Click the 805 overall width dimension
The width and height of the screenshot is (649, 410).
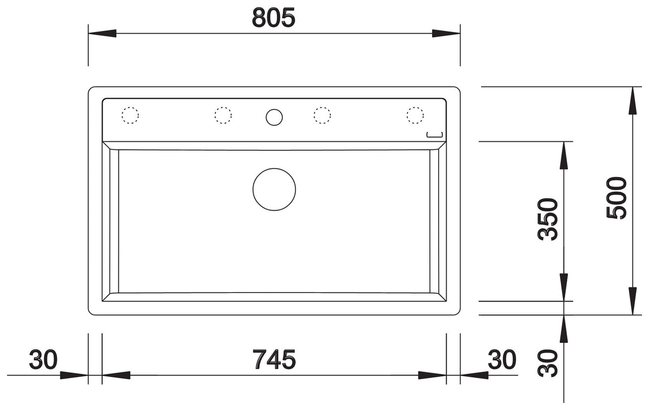pyautogui.click(x=274, y=18)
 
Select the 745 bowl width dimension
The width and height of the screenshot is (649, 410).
pyautogui.click(x=274, y=359)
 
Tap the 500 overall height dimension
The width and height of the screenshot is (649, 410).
pyautogui.click(x=616, y=198)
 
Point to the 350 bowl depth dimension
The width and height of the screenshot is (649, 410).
pyautogui.click(x=547, y=219)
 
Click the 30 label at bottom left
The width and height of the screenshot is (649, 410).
pyautogui.click(x=43, y=359)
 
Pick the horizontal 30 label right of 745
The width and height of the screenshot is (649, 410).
pyautogui.click(x=502, y=359)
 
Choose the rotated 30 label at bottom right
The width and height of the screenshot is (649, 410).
pyautogui.click(x=547, y=363)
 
